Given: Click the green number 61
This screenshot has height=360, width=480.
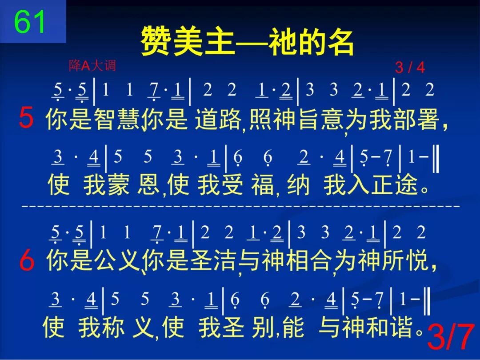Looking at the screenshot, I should click(30, 22).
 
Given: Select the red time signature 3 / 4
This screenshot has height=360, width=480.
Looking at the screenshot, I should click(410, 68).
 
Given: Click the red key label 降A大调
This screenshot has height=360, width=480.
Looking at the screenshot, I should click(92, 66).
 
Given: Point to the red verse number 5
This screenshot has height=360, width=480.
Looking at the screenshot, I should click(27, 119).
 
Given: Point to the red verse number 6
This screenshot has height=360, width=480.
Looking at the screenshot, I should click(27, 261).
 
